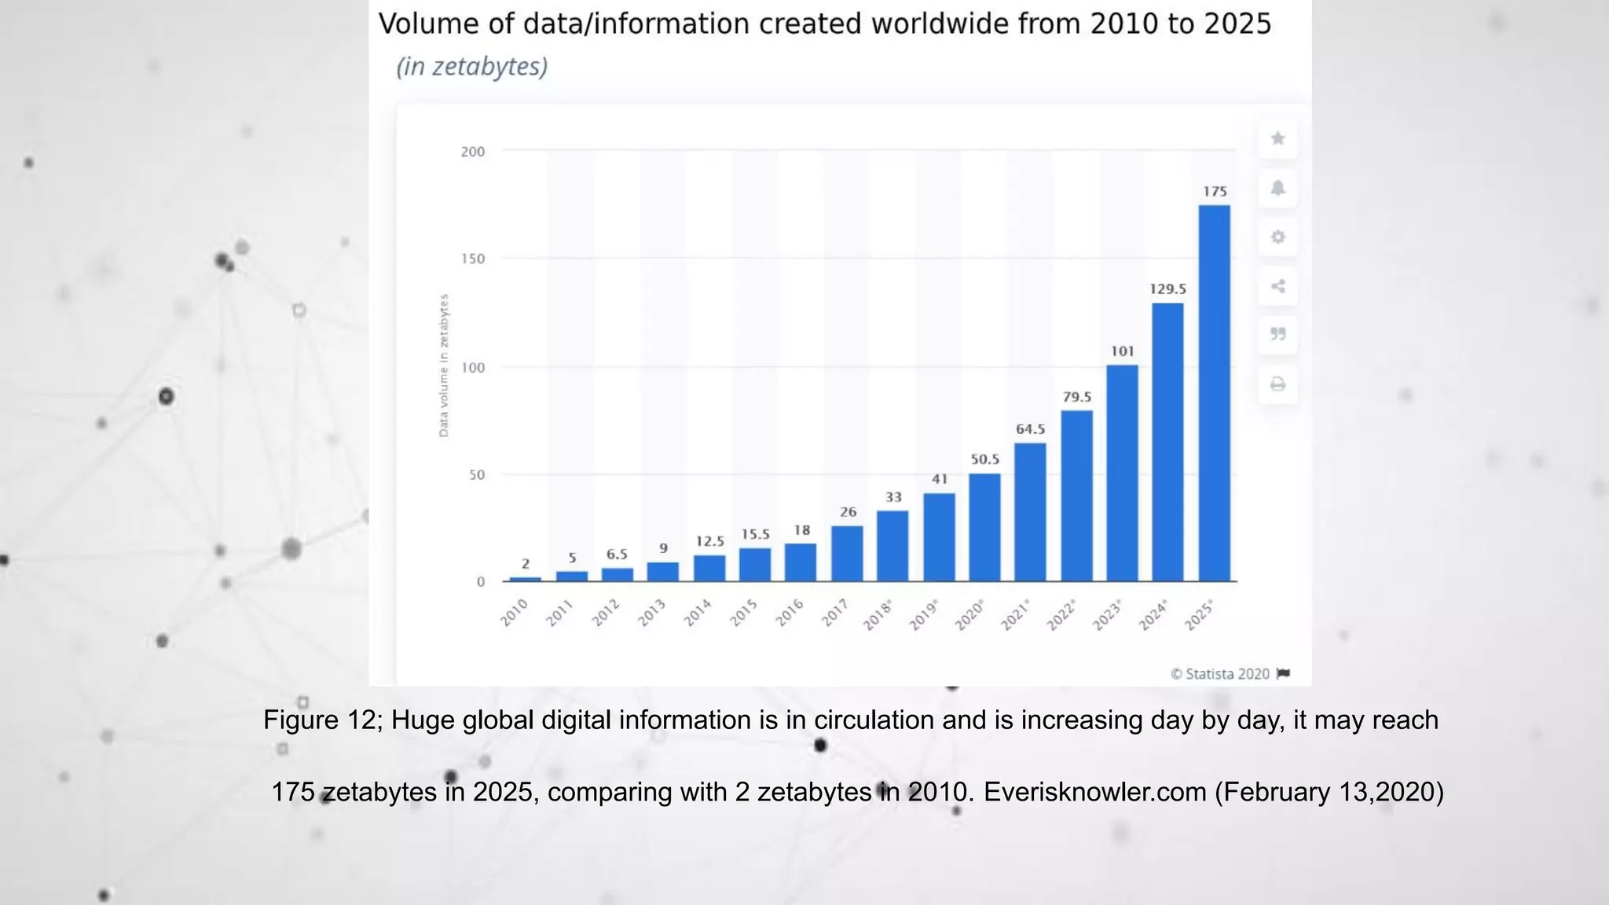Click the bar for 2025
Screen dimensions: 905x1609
point(1214,393)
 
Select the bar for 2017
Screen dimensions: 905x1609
point(847,554)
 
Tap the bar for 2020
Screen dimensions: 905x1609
point(984,527)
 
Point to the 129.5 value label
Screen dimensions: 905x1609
point(1167,289)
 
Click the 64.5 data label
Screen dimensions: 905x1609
point(1030,429)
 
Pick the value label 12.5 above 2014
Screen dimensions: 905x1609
point(709,541)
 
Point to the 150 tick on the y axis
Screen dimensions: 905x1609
point(473,259)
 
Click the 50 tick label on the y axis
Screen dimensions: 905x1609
point(477,475)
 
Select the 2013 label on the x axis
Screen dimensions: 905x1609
point(651,613)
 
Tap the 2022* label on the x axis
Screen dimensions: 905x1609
point(1061,614)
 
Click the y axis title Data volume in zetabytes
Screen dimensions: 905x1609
point(444,365)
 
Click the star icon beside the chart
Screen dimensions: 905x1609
point(1277,139)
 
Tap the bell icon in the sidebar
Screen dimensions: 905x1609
point(1277,189)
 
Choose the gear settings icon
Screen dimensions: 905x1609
point(1277,237)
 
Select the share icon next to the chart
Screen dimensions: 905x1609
point(1277,286)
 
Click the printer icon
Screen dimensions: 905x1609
point(1277,384)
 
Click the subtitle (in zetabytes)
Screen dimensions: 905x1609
point(471,67)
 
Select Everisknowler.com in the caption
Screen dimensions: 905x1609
point(1094,792)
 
